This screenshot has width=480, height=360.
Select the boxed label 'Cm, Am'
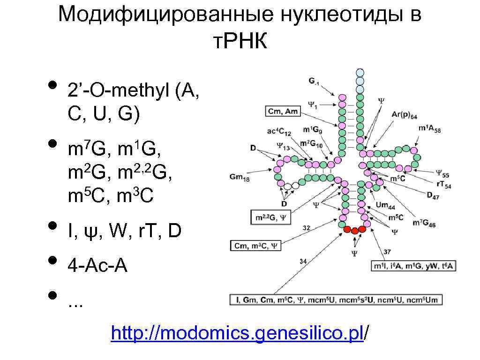pyautogui.click(x=283, y=111)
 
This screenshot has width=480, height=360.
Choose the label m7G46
pyautogui.click(x=423, y=224)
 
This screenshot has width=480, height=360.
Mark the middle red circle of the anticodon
pyautogui.click(x=354, y=230)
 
